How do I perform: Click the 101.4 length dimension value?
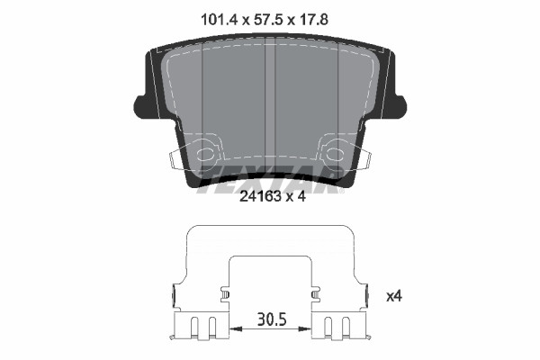[x=219, y=20]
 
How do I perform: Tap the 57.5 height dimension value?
[x=268, y=20]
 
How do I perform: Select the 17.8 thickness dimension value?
[x=313, y=20]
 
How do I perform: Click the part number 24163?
[x=260, y=196]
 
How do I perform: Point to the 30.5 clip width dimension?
[x=272, y=319]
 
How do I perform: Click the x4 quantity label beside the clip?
[x=394, y=296]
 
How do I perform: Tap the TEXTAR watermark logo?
[x=270, y=179]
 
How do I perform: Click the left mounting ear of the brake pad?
[x=142, y=107]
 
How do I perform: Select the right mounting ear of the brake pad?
[x=398, y=107]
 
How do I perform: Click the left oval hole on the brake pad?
[x=205, y=153]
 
